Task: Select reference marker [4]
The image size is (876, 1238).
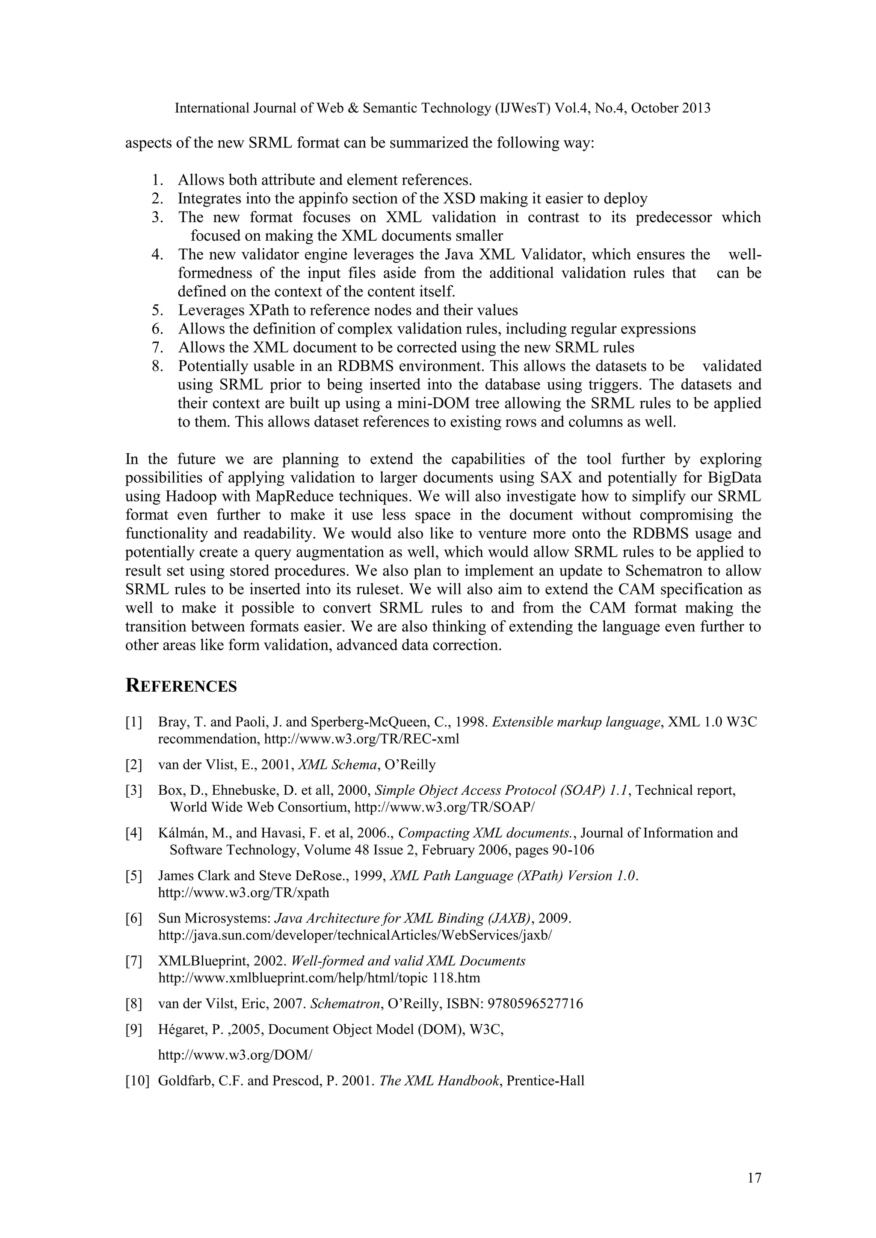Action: coord(134,833)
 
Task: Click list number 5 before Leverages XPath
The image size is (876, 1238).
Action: coord(157,311)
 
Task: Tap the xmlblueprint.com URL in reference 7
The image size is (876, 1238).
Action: coord(319,978)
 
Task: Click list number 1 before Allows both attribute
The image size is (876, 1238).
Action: coord(157,180)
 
